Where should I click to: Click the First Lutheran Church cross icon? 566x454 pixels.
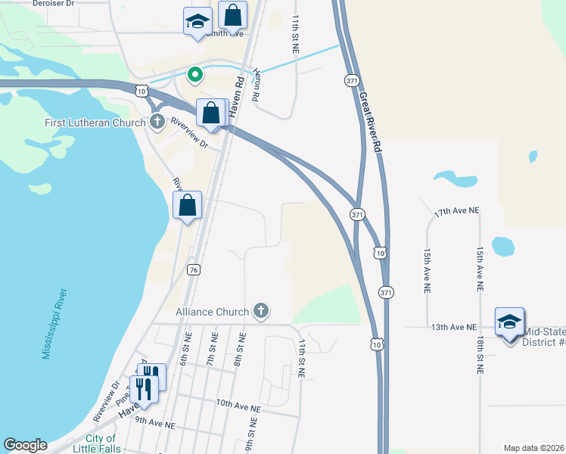pyautogui.click(x=157, y=122)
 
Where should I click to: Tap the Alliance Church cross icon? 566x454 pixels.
pyautogui.click(x=261, y=311)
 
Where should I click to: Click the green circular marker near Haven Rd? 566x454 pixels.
pyautogui.click(x=194, y=74)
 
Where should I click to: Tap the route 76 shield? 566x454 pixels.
pyautogui.click(x=194, y=269)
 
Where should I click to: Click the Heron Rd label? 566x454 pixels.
pyautogui.click(x=256, y=87)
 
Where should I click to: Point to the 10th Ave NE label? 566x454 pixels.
pyautogui.click(x=238, y=407)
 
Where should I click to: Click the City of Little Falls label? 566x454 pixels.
pyautogui.click(x=101, y=443)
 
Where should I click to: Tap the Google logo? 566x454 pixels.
pyautogui.click(x=25, y=445)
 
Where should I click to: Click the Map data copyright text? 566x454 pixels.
pyautogui.click(x=533, y=448)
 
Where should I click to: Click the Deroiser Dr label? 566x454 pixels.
pyautogui.click(x=54, y=4)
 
